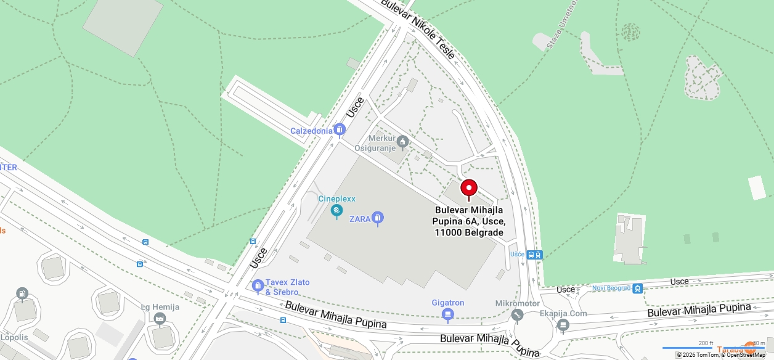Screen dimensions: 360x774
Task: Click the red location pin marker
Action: pos(469,189)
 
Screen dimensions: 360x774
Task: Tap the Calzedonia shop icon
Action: pos(339,130)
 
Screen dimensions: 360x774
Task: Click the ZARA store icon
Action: pos(378,218)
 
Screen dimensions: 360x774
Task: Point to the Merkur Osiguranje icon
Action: pos(403,143)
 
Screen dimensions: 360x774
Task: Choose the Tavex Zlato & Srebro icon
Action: pos(258,286)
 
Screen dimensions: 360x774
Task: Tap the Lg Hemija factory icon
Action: pos(160,319)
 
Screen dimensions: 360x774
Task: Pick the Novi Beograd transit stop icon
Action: pos(637,288)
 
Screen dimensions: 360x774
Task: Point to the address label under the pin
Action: pos(470,221)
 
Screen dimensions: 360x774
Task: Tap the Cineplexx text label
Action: pos(336,199)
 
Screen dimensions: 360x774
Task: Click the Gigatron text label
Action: pos(448,303)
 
